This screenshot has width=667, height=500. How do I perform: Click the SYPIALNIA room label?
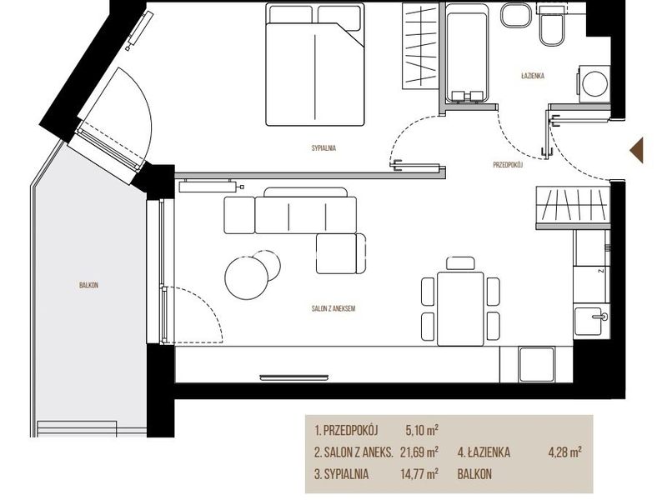coord(323,148)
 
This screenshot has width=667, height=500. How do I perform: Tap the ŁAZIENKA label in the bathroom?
coord(533,76)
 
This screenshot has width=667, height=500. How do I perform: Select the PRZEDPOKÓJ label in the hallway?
coord(508,165)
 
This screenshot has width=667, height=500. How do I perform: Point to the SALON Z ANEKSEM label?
coord(333,308)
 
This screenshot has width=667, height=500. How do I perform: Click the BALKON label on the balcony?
coord(89,285)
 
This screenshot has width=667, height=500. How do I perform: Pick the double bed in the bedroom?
coord(315,65)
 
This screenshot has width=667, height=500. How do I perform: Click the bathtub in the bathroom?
coord(466,52)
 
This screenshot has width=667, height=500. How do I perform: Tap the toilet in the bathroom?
coord(552,27)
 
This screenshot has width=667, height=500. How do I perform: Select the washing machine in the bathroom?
coord(594,84)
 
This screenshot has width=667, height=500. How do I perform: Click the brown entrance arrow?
coord(637,150)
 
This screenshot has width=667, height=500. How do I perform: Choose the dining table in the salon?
coord(461,308)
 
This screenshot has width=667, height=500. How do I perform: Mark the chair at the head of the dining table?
coord(461,263)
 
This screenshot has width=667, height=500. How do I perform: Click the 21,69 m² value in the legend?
coord(419,452)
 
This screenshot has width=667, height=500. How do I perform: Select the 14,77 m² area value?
coord(419,473)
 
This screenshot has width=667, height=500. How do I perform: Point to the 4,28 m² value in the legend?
coord(565,452)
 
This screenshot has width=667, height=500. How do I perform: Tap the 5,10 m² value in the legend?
coord(422,430)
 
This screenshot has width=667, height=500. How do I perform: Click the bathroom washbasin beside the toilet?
coord(514,16)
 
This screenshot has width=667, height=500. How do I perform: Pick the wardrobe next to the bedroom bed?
coord(420,46)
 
